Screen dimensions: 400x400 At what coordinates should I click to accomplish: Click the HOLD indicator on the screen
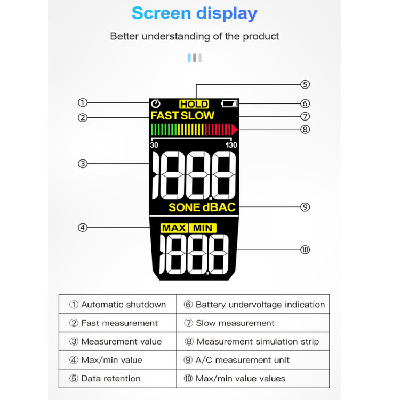194,104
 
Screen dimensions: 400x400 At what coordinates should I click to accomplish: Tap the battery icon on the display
229,103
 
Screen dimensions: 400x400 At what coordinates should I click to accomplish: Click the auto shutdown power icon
156,103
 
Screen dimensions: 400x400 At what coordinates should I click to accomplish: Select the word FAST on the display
164,116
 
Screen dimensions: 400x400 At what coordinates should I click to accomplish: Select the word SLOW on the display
197,116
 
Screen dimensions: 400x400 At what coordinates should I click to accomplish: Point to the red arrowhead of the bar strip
235,130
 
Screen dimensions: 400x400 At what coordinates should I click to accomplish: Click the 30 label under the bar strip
154,145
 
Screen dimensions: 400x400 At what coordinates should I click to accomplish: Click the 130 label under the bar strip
231,145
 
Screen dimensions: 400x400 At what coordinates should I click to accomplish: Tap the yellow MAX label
174,228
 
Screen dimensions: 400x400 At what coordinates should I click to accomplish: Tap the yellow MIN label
203,228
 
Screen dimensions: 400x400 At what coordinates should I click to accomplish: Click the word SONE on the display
184,207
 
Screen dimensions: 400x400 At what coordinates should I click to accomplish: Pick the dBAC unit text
219,207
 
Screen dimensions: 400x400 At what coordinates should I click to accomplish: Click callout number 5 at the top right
305,84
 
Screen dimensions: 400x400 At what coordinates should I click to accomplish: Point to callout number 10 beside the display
305,250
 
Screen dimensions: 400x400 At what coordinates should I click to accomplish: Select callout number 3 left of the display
83,164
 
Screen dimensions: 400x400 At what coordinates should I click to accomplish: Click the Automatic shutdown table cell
118,305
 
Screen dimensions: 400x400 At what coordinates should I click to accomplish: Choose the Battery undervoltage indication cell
253,305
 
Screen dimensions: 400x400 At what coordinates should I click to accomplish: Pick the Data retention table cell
118,379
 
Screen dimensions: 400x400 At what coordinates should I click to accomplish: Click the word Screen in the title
162,13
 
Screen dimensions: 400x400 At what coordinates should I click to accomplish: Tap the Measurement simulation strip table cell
253,341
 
